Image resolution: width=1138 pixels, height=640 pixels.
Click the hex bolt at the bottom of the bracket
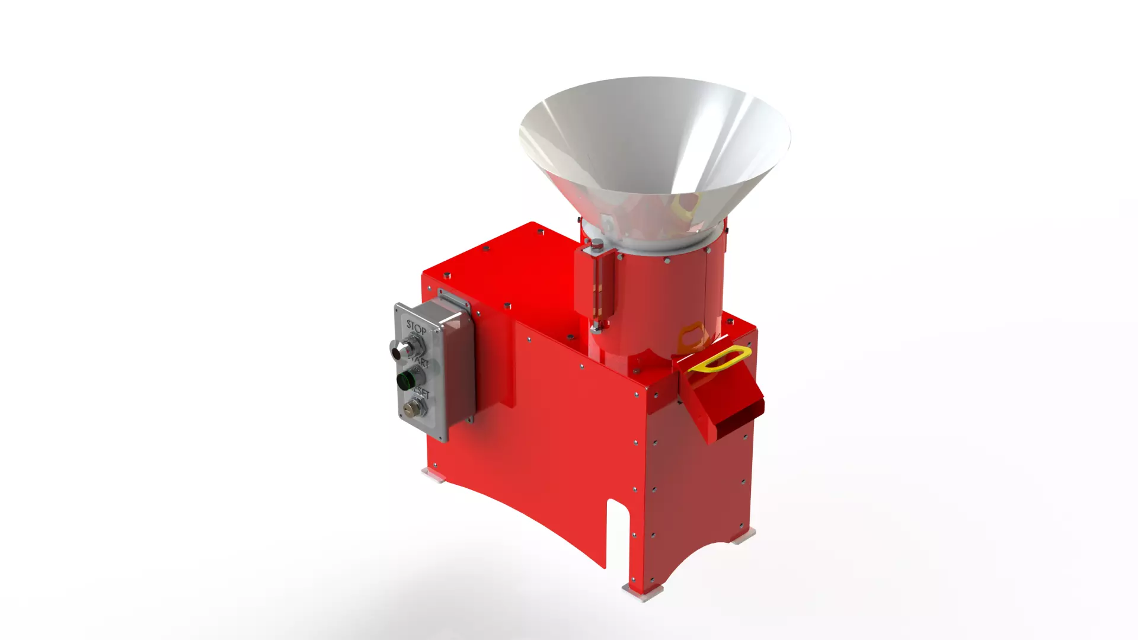point(597,325)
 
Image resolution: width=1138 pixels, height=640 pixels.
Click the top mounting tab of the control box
point(453,298)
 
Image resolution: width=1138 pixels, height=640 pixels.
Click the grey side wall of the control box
point(459,370)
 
